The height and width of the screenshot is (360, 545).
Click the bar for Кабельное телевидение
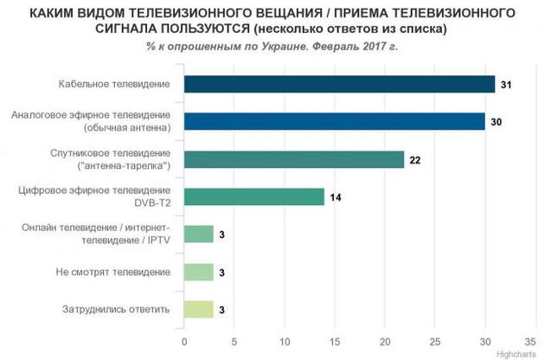[x=339, y=84]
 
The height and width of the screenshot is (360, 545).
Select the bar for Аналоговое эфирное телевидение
[x=334, y=121]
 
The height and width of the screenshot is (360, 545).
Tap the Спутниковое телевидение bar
[x=294, y=159]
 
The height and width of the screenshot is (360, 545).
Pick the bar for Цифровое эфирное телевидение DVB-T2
[x=253, y=196]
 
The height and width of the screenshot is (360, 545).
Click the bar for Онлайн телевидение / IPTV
[x=199, y=234]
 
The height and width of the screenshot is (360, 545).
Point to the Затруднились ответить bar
[x=199, y=309]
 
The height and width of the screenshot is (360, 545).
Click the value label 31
[x=506, y=84]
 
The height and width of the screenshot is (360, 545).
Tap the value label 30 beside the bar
[x=497, y=121]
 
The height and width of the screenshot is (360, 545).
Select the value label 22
[x=416, y=159]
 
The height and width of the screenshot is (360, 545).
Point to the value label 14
[x=336, y=196]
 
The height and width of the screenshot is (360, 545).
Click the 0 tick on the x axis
[x=184, y=340]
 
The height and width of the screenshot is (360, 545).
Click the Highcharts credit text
[x=519, y=353]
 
